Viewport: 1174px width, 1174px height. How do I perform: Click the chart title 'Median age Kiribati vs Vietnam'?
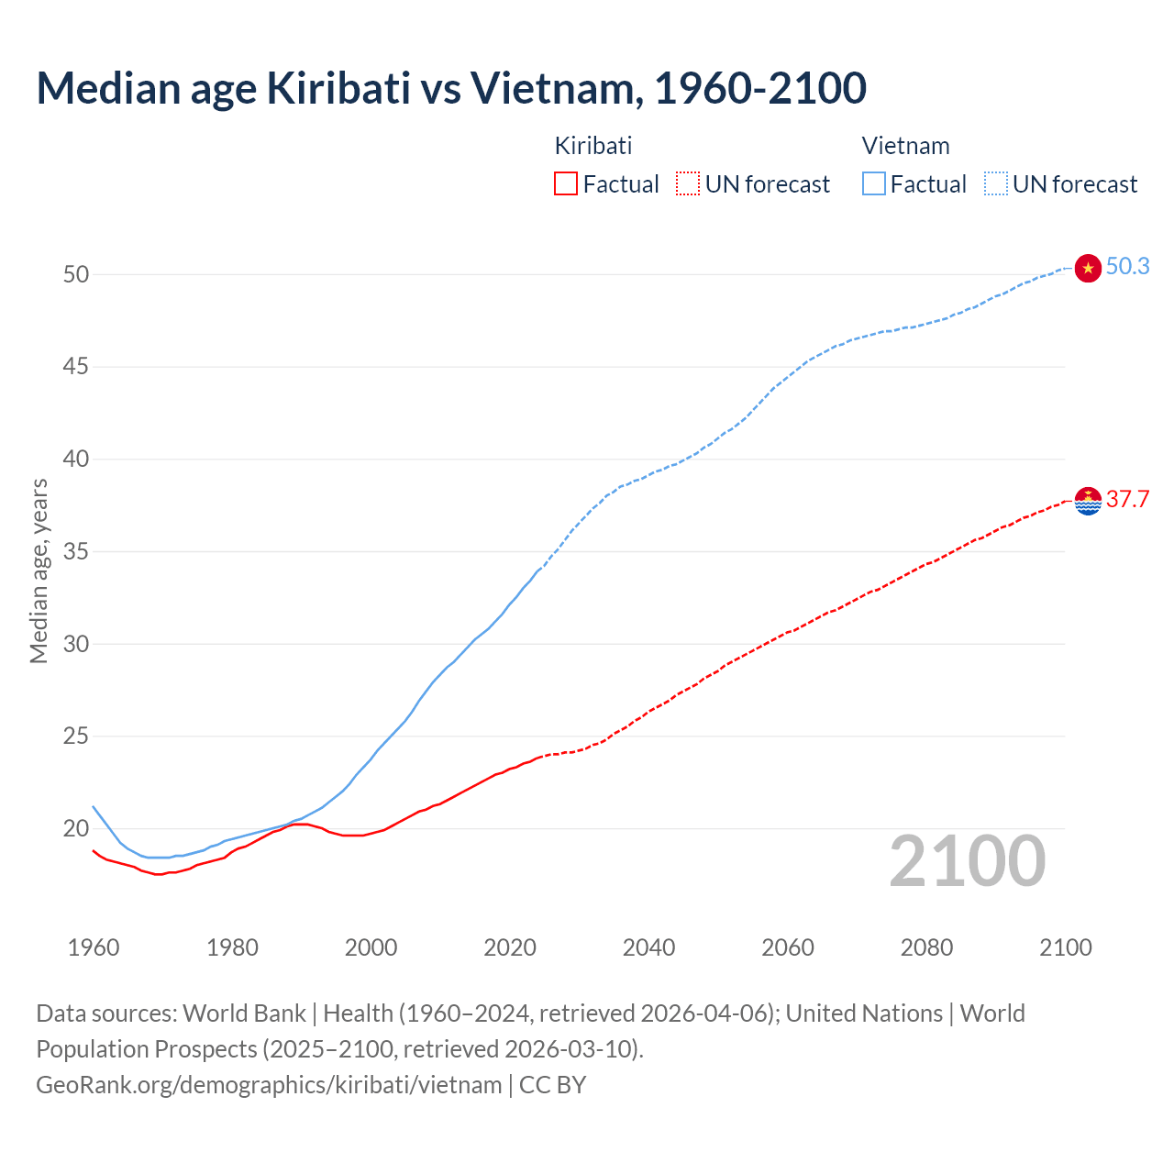(450, 88)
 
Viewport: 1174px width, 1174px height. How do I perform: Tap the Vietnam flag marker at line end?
(1088, 268)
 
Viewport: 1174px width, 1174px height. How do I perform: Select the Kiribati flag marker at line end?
(1088, 501)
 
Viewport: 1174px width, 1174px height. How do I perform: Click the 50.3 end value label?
(1127, 266)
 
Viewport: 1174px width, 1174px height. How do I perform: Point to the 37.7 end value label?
(1127, 499)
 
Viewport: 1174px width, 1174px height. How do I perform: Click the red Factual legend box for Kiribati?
(566, 184)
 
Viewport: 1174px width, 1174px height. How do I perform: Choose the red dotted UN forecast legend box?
(688, 184)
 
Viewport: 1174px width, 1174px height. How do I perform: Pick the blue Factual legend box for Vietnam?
(874, 184)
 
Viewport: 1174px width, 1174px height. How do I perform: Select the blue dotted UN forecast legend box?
(996, 184)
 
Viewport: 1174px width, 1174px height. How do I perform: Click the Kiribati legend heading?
(593, 146)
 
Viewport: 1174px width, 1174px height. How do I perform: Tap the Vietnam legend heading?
(905, 146)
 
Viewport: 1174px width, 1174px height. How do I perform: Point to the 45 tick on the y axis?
(76, 367)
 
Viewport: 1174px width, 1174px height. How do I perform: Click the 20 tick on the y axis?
(76, 828)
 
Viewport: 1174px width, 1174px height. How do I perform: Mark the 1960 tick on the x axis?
(94, 947)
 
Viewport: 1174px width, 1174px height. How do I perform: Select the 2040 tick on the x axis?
(648, 947)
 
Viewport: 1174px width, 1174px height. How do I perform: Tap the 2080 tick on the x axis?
(926, 947)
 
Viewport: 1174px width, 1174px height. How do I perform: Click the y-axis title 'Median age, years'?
(39, 570)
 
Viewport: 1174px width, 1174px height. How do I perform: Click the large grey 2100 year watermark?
(968, 861)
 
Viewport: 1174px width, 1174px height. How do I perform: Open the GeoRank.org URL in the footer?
(269, 1085)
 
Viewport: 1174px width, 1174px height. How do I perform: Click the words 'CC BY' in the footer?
(552, 1085)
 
